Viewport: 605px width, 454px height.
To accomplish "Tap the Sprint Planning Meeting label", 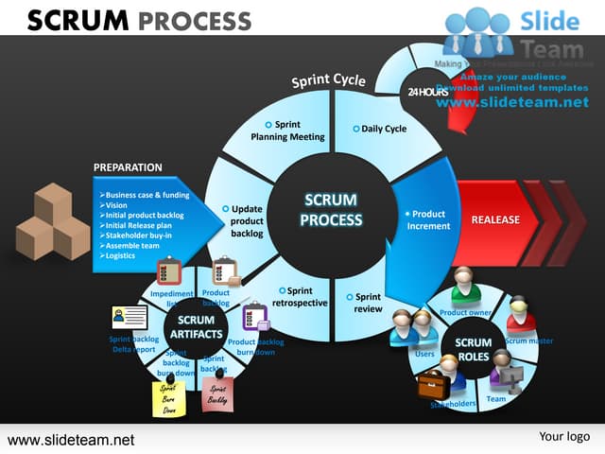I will pos(287,131).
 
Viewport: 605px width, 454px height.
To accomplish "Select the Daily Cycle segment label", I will pos(383,129).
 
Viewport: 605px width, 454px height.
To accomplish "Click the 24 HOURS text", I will pos(427,92).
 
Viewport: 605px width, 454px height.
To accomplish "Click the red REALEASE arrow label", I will pos(495,219).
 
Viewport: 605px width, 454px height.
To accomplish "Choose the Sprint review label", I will pos(368,304).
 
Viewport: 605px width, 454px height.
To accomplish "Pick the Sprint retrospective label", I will pos(299,297).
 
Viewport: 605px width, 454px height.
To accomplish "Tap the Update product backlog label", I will pos(247,220).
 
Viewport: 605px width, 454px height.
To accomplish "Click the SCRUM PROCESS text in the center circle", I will pos(331,210).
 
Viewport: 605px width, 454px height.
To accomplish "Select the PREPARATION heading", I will pos(128,167).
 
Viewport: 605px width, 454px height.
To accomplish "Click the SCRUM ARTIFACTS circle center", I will pos(196,327).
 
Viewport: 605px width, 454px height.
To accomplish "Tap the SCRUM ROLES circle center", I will pos(473,349).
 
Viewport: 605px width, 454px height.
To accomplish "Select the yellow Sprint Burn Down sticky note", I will pos(168,398).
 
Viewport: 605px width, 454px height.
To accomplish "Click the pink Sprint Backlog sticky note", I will pos(217,393).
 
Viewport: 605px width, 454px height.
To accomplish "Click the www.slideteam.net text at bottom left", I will pos(71,440).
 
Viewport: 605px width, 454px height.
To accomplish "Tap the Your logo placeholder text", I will pos(564,436).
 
